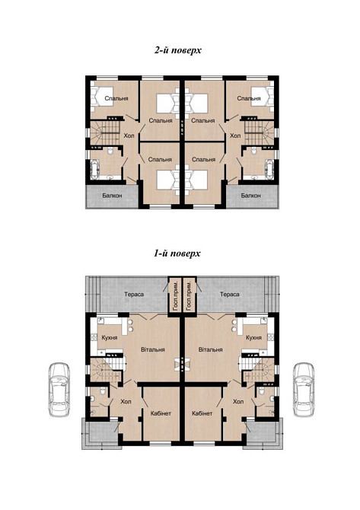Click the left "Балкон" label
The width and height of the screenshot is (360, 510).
[x=107, y=196]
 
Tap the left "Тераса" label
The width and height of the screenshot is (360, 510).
[x=133, y=294]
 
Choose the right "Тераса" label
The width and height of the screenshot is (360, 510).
[x=229, y=294]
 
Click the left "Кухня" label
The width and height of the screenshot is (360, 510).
[x=107, y=337]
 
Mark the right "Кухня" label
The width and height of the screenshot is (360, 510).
[x=254, y=337]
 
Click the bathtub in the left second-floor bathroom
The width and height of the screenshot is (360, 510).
[x=93, y=169]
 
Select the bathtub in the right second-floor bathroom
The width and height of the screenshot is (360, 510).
[x=268, y=169]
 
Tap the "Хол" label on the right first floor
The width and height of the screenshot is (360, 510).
[x=238, y=400]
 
